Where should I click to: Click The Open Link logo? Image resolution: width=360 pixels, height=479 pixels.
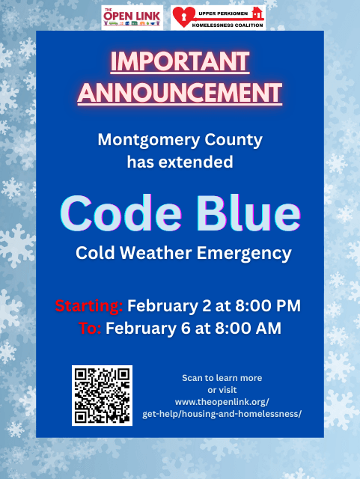click(132, 16)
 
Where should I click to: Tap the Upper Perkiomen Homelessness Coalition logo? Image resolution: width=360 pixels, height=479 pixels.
click(218, 16)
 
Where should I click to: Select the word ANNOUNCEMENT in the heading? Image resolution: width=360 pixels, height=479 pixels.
click(180, 93)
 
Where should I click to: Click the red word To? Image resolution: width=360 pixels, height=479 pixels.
click(91, 328)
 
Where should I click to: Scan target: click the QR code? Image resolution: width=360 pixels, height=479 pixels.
click(102, 394)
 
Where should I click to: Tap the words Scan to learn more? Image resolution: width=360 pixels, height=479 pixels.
click(222, 377)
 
